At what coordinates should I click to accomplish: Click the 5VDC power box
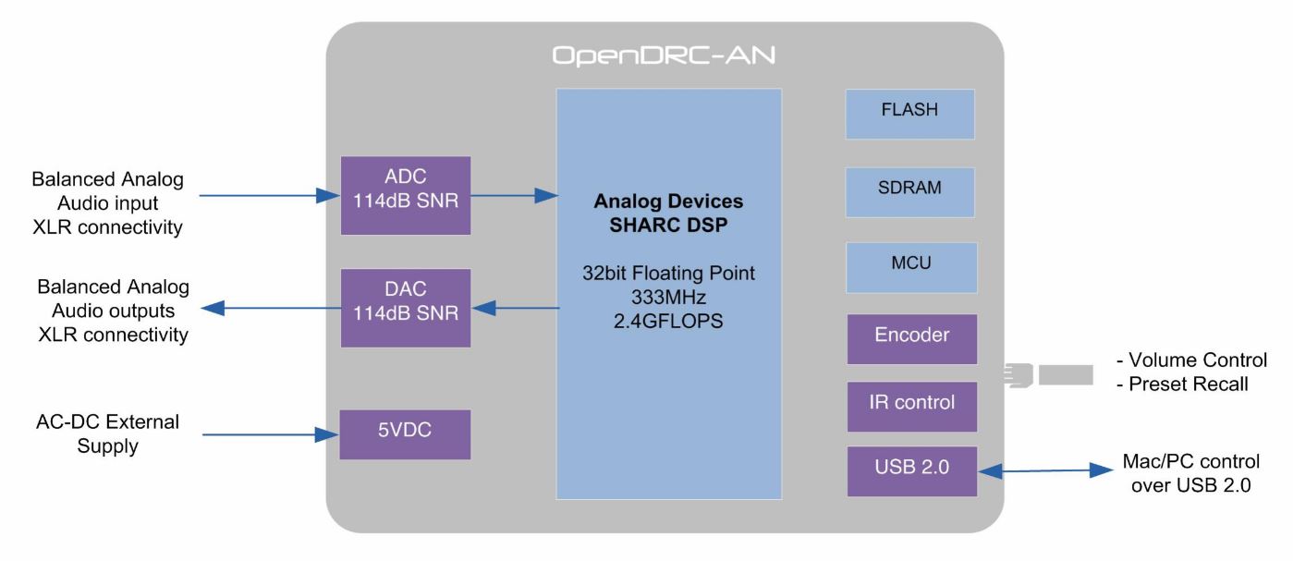click(x=405, y=433)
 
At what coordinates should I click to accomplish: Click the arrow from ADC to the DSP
click(x=513, y=195)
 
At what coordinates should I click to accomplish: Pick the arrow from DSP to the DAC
click(x=513, y=308)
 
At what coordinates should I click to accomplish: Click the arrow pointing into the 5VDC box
click(x=269, y=433)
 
